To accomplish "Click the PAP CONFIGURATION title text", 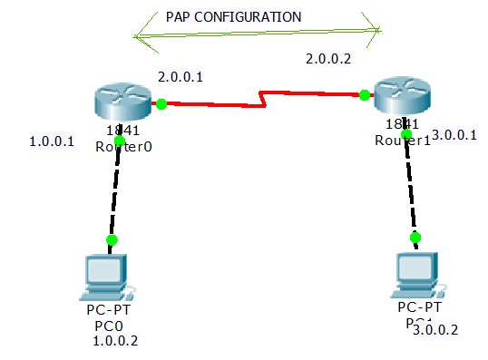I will tap(234, 17).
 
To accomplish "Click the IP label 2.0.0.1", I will tap(180, 77).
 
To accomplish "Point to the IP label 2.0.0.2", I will tap(328, 59).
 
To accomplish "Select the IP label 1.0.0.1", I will tap(52, 142).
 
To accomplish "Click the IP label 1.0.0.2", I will tap(115, 341).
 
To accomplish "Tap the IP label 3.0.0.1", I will tap(454, 135).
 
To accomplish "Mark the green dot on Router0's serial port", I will tap(161, 103).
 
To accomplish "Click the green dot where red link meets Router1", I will tap(364, 94).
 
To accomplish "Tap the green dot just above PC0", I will tap(112, 240).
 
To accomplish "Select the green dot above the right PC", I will tap(415, 238).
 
